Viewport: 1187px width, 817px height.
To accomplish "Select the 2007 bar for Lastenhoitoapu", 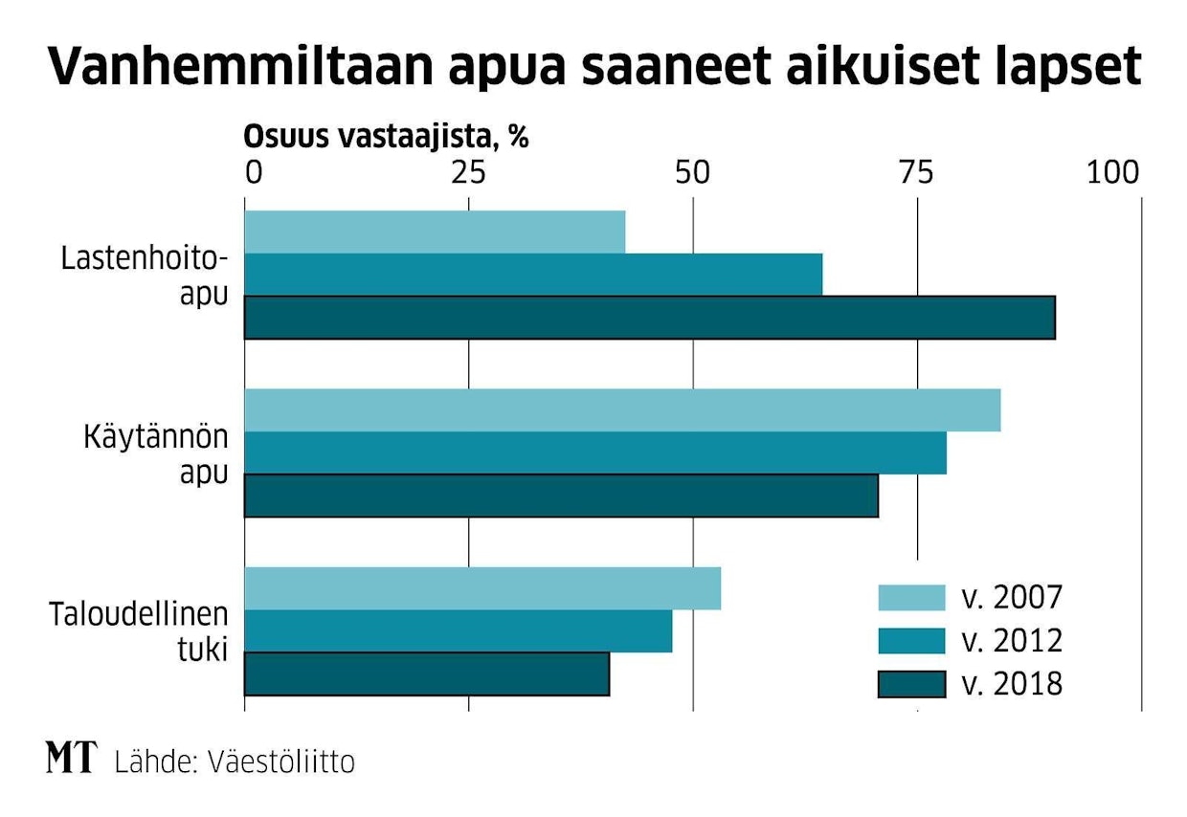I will [435, 232].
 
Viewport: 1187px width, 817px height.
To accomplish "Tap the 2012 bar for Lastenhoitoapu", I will [533, 275].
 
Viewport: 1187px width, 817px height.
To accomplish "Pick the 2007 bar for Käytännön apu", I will [622, 410].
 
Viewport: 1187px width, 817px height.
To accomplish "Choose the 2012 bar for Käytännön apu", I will [595, 453].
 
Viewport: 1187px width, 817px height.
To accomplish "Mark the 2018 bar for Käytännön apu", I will [561, 496].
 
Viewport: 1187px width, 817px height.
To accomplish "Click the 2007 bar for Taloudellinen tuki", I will [482, 588].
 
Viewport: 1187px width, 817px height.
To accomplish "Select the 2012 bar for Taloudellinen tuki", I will [459, 630].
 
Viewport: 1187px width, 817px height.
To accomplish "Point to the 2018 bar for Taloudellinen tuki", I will [427, 673].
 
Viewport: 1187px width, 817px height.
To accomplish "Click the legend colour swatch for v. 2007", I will [912, 597].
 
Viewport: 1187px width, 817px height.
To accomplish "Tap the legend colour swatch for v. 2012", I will [912, 640].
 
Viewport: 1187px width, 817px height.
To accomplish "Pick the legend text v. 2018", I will [1011, 684].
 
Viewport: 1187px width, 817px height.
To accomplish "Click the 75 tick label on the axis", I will [916, 173].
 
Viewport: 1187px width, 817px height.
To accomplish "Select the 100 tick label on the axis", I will [1113, 173].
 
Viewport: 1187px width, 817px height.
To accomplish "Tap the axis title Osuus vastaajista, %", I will [387, 137].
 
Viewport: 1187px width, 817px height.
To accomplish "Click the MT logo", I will [71, 760].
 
